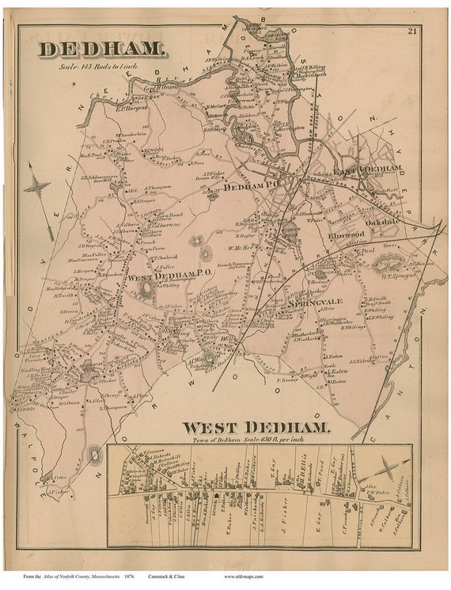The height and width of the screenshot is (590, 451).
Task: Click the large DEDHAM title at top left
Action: [x=103, y=49]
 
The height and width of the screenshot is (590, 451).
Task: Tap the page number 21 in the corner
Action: [x=412, y=31]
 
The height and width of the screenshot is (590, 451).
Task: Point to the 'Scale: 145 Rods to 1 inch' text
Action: [x=99, y=67]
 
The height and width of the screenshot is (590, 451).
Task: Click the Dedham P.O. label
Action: [x=250, y=188]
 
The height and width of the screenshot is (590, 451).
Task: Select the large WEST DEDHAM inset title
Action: [x=256, y=428]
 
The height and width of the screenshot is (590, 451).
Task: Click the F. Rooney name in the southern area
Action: [x=290, y=381]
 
